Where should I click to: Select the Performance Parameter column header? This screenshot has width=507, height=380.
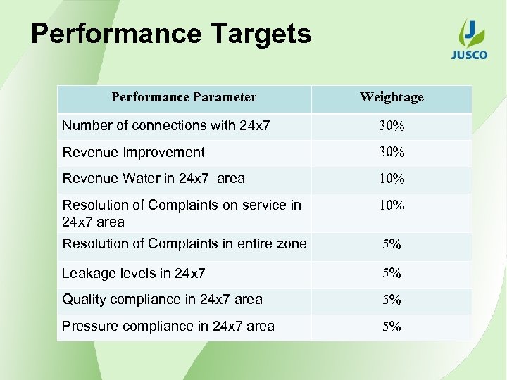pos(184,98)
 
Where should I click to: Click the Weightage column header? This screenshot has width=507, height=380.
pos(392,98)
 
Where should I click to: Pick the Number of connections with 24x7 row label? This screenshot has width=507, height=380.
pos(166,126)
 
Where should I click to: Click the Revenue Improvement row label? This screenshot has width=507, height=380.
pos(134,152)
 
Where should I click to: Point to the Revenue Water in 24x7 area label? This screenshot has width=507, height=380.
pos(154,178)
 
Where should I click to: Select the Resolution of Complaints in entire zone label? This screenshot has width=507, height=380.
pos(184,244)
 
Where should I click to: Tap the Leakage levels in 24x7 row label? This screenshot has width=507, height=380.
pos(134,273)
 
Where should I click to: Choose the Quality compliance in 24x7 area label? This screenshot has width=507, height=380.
pos(162,299)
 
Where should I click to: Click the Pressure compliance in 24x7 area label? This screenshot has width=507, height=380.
pos(168,326)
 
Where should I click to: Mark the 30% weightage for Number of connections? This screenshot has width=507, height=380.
pos(392,127)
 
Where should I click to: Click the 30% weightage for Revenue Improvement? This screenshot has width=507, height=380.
pos(392,152)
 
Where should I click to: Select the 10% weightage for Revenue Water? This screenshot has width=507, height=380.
pos(392,179)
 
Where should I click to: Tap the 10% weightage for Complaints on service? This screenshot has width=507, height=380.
pos(392,206)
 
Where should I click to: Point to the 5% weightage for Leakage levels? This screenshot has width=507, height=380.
pos(392,273)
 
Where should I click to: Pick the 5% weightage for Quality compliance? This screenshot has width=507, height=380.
pos(392,300)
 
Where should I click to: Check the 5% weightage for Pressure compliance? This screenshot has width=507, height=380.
pos(392,327)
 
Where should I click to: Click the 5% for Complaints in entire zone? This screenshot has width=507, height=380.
pos(392,245)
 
